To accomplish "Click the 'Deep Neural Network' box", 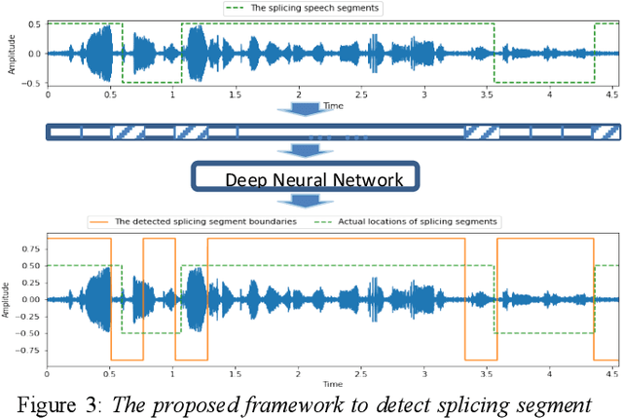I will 307,178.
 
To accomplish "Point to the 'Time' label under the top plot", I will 333,104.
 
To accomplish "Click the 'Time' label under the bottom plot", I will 333,384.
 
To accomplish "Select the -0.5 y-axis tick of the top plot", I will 31,83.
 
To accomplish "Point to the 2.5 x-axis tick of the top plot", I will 360,95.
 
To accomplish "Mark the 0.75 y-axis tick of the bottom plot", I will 30,247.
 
